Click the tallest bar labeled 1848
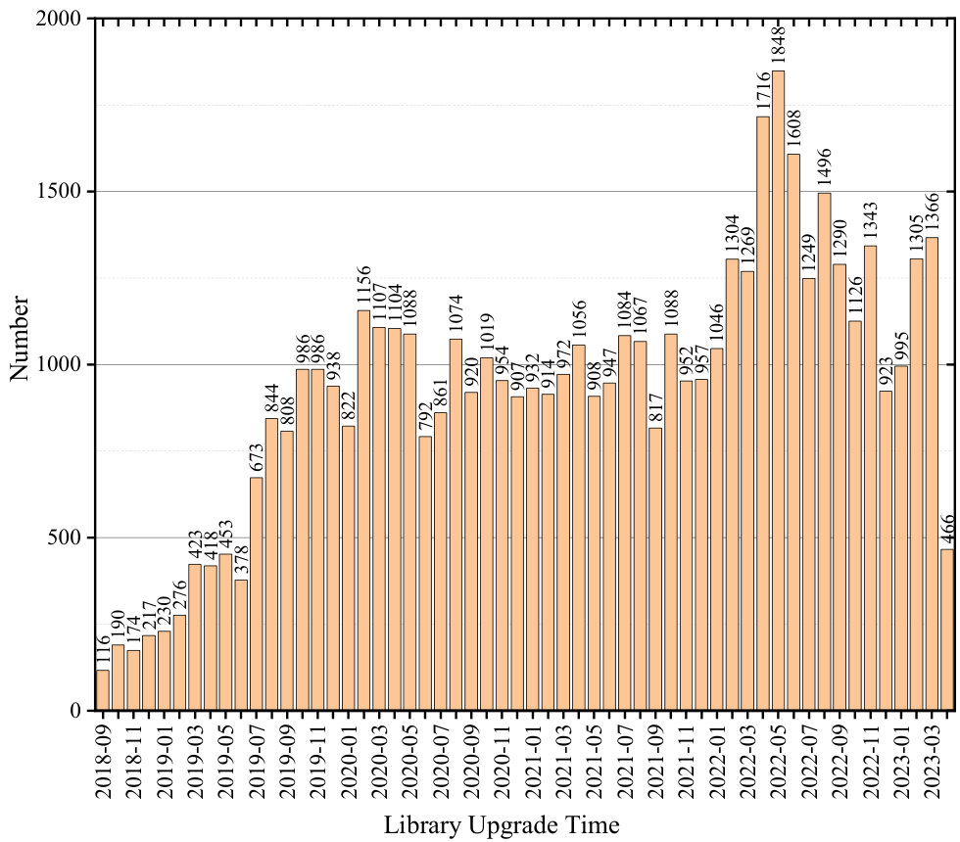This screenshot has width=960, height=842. coord(778,391)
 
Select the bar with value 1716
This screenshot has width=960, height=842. coord(763,413)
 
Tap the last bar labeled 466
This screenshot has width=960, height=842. coord(947,630)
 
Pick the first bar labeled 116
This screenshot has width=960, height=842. coord(103,690)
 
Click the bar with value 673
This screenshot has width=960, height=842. coord(257,594)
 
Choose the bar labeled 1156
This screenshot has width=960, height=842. coord(363,510)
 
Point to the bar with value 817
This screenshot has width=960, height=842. coord(655,569)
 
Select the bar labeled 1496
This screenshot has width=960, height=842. coord(824,451)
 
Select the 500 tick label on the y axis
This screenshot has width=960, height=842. coord(66,538)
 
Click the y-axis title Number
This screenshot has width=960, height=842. coord(20,338)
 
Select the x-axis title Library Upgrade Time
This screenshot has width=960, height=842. coord(502,824)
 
